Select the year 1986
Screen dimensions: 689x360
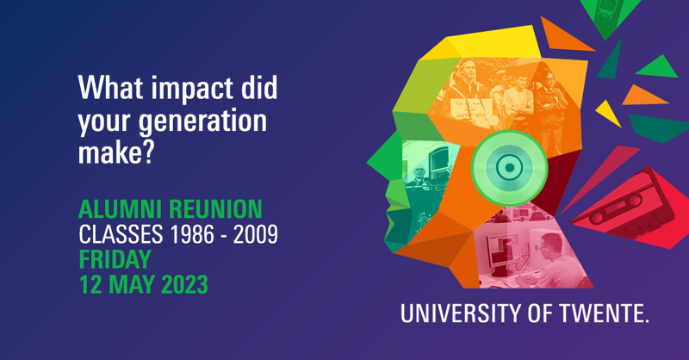click(x=192, y=234)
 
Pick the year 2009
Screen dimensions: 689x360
click(x=255, y=234)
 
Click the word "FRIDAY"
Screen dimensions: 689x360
click(x=115, y=259)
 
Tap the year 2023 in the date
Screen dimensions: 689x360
click(x=184, y=284)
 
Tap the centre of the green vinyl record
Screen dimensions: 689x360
click(x=509, y=167)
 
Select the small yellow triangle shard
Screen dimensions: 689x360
click(x=608, y=114)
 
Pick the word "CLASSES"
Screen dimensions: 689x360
click(x=121, y=234)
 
